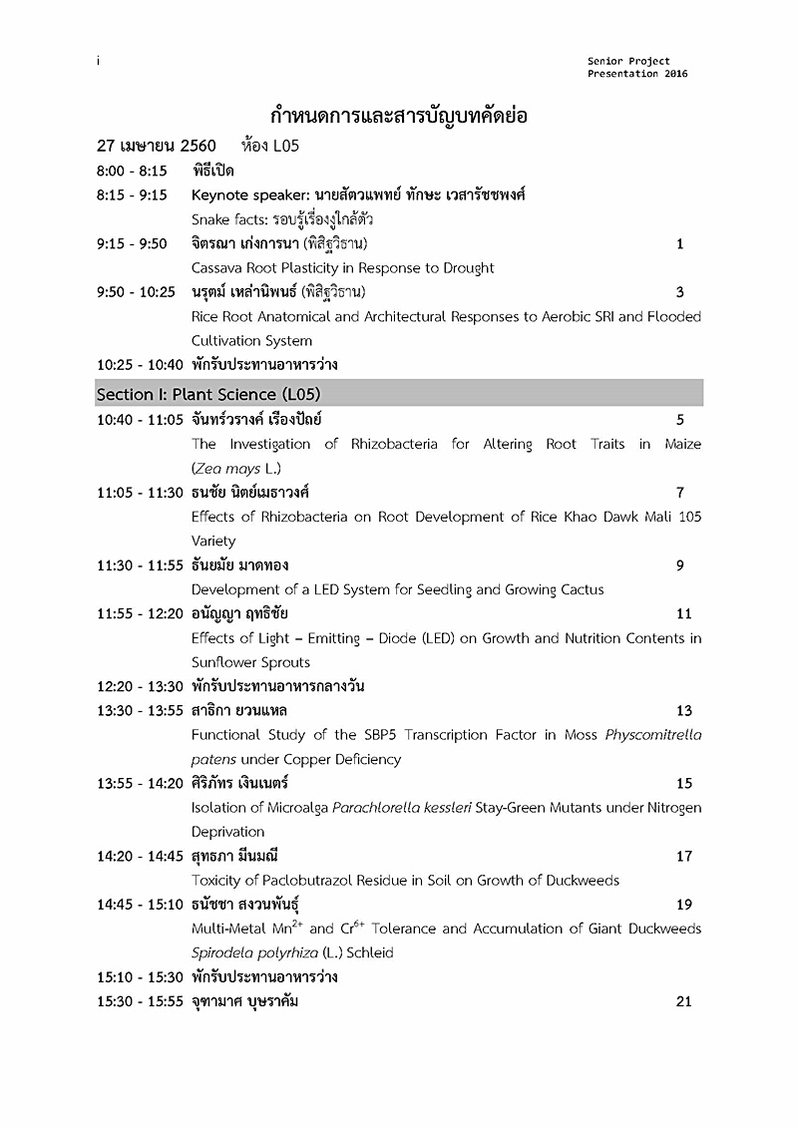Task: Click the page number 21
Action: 683,1001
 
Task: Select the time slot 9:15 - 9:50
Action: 132,243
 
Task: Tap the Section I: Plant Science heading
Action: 208,394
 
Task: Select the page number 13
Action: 683,711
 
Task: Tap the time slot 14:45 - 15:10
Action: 140,905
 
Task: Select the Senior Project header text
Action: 628,62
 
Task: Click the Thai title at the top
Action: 399,116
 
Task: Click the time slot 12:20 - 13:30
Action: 140,686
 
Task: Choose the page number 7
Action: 679,492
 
